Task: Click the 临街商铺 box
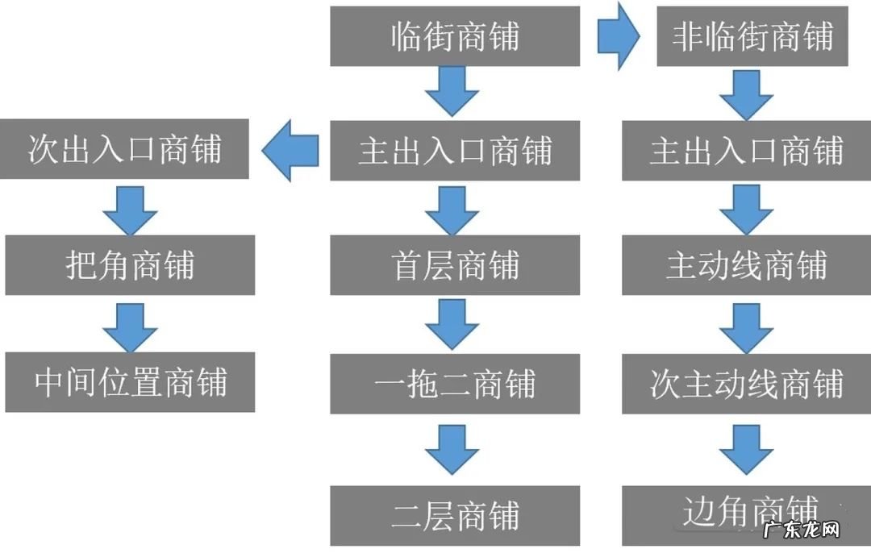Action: click(x=455, y=36)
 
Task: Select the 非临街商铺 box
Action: click(x=752, y=36)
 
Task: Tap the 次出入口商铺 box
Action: click(x=124, y=150)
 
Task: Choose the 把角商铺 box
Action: click(x=130, y=265)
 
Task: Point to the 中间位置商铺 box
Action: click(x=130, y=382)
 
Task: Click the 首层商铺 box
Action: click(x=455, y=265)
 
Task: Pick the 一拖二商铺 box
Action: click(x=455, y=384)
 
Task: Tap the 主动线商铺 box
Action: click(x=746, y=265)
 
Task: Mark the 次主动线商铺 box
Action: click(x=746, y=384)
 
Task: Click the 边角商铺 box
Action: click(x=746, y=514)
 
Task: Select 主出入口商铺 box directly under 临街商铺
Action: click(x=455, y=151)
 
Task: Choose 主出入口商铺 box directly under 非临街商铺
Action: click(x=746, y=151)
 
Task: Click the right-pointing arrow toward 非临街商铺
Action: click(x=618, y=36)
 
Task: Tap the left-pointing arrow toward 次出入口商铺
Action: click(x=290, y=151)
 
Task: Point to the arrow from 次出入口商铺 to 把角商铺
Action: click(x=130, y=211)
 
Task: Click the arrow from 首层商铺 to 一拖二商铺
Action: click(x=452, y=325)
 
